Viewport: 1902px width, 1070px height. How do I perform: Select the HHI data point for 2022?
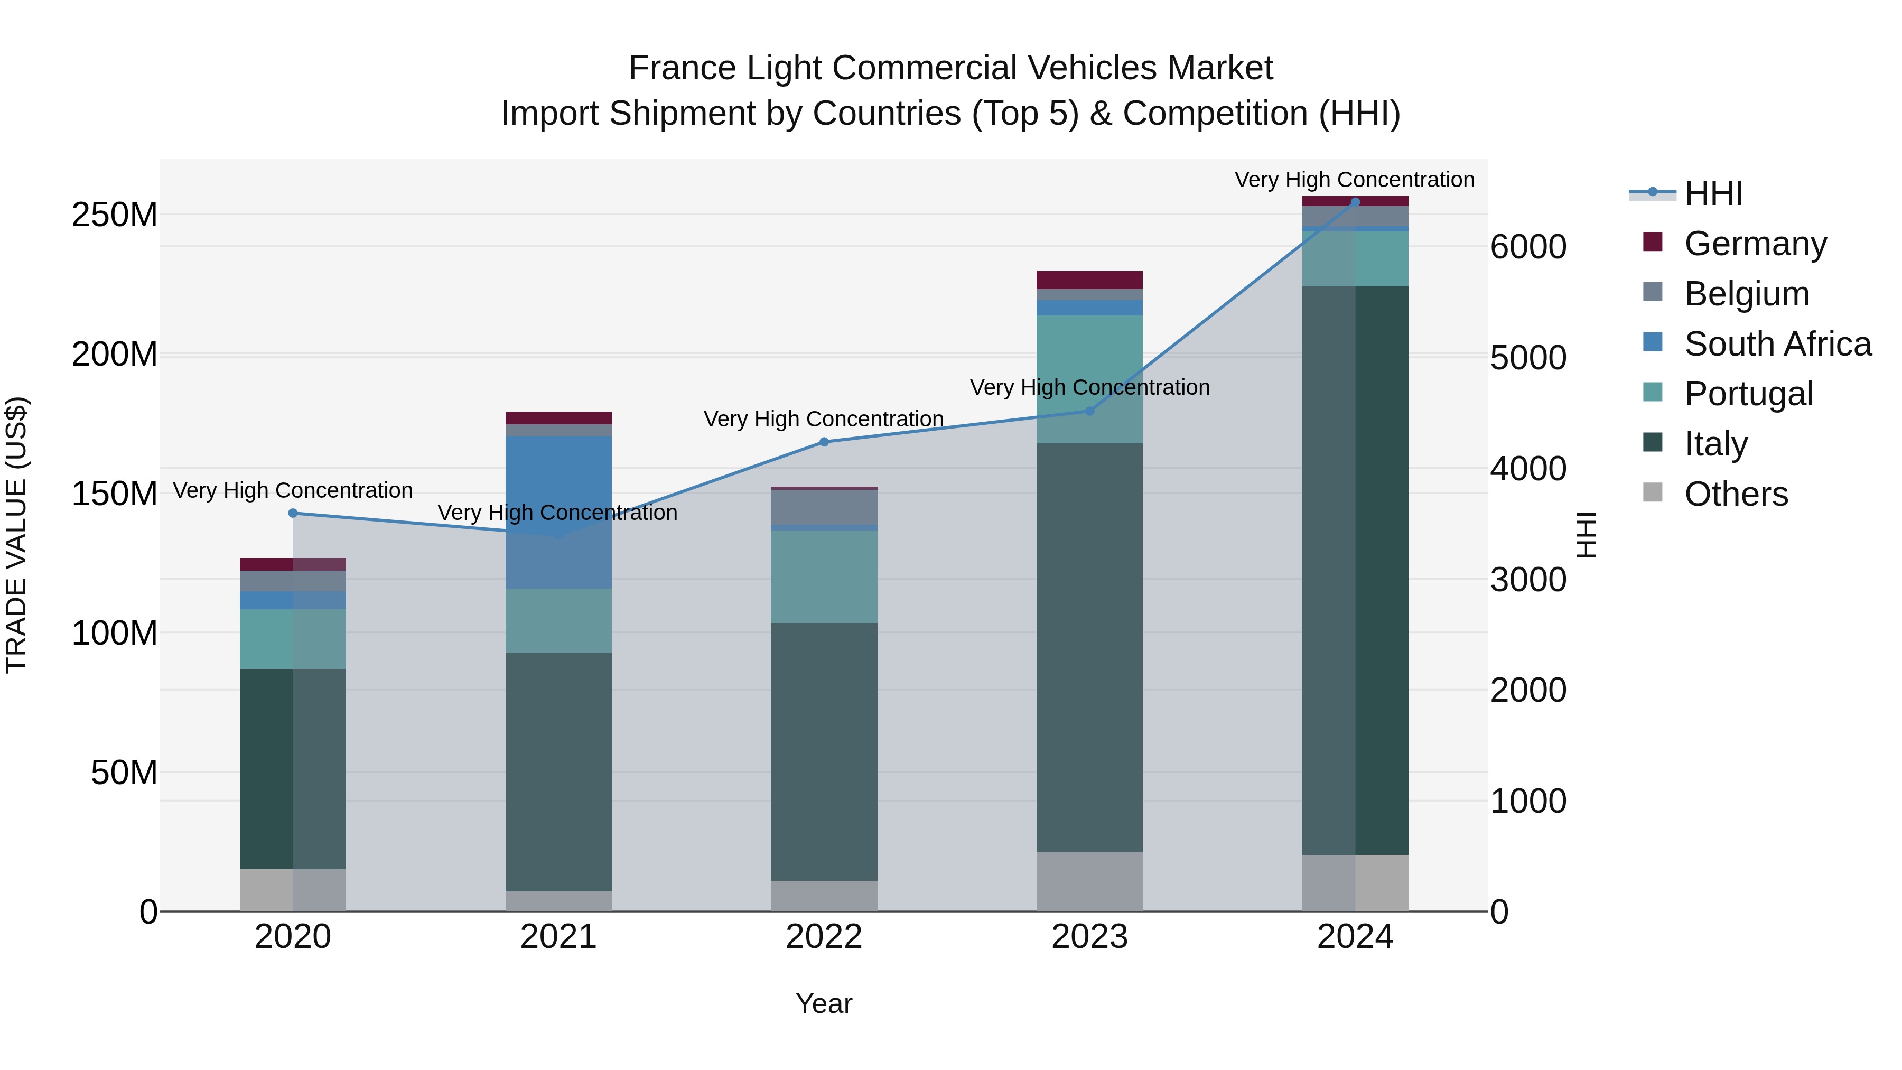point(824,442)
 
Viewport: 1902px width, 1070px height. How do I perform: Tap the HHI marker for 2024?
point(1355,202)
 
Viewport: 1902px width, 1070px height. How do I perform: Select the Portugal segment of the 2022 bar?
point(824,576)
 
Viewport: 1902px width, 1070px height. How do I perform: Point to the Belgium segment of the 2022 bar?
point(824,507)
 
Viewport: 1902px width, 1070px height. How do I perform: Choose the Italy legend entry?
point(1715,444)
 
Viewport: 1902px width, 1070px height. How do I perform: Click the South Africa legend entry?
point(1777,344)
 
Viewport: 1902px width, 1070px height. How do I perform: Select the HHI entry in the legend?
point(1713,193)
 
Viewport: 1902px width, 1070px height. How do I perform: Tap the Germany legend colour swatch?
point(1653,242)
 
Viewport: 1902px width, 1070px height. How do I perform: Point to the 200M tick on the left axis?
point(115,355)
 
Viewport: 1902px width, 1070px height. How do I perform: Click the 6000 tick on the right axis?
point(1527,247)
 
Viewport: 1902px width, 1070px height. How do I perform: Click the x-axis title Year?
point(824,1003)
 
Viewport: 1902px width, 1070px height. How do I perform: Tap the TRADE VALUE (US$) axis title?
point(16,535)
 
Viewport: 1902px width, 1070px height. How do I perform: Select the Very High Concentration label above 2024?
point(1354,180)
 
